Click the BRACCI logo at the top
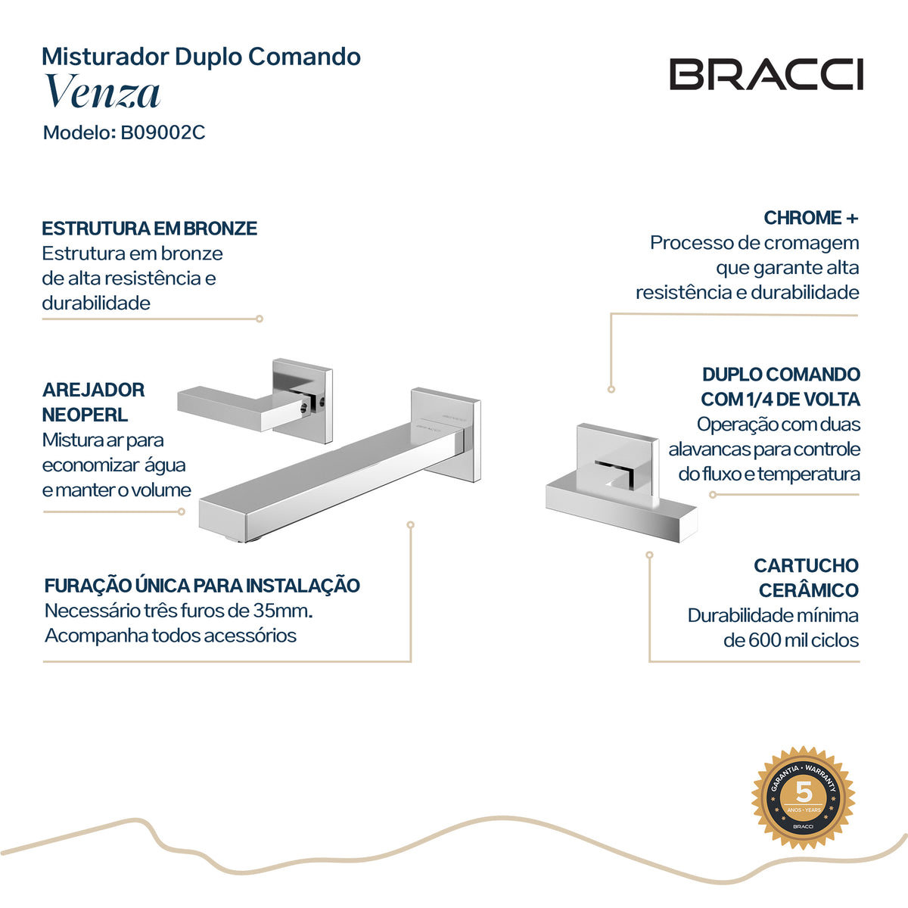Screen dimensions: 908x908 [767, 74]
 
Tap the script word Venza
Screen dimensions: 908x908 [102, 92]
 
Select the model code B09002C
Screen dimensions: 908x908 [163, 132]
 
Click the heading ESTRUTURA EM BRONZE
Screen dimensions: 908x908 [149, 229]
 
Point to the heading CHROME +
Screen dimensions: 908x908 [811, 218]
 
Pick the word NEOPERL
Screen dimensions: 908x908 [85, 415]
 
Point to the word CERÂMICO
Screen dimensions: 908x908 [809, 590]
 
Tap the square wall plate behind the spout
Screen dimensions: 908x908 [445, 434]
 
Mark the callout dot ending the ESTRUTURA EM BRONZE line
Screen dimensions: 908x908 [260, 319]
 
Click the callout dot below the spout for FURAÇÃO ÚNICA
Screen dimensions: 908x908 [410, 525]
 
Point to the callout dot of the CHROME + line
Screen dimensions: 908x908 [611, 389]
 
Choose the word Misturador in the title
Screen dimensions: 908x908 [105, 57]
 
